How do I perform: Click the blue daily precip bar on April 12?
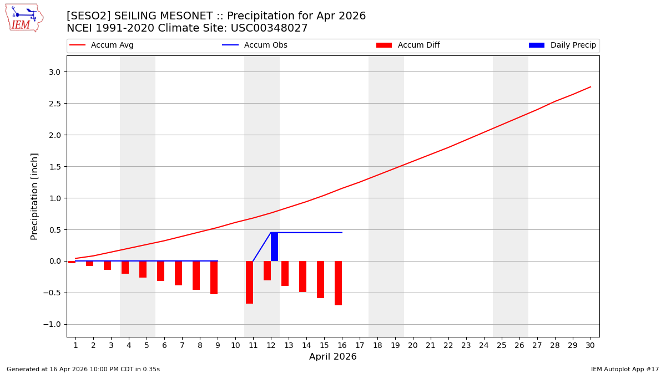tap(274, 247)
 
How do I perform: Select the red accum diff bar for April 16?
tap(338, 283)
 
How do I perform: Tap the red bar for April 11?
tap(249, 282)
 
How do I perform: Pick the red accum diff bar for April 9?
tap(214, 277)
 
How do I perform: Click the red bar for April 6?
tap(160, 271)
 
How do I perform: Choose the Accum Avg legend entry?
tap(112, 45)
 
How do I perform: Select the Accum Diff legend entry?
tap(418, 45)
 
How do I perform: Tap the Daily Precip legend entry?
tap(573, 45)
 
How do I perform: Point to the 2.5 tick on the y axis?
tap(56, 104)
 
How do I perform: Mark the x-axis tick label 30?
tap(590, 345)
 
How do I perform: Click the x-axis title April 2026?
tap(332, 357)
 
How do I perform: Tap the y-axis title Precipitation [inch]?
tap(34, 196)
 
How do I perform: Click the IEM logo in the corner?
tap(24, 18)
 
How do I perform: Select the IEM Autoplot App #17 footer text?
tap(624, 369)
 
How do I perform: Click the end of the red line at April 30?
tap(590, 87)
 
